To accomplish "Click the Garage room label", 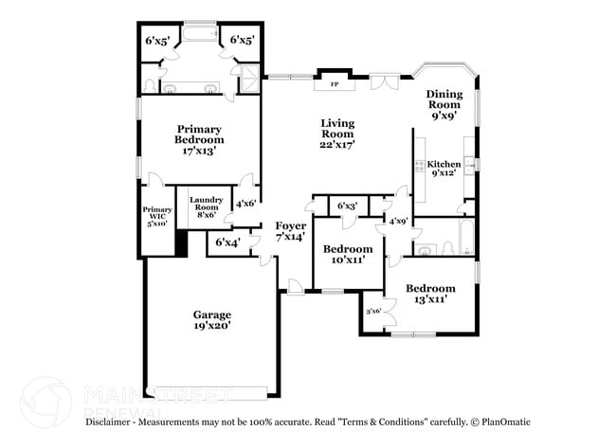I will pyautogui.click(x=211, y=319).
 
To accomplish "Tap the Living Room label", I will pyautogui.click(x=336, y=134).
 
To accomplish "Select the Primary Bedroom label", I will pyautogui.click(x=198, y=139).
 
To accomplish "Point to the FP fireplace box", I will pyautogui.click(x=334, y=85).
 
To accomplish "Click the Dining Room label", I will pyautogui.click(x=443, y=104).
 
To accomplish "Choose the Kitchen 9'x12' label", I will pyautogui.click(x=444, y=169).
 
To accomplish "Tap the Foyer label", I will pyautogui.click(x=291, y=231).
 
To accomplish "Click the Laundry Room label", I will pyautogui.click(x=206, y=206).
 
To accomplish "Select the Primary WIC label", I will pyautogui.click(x=156, y=216).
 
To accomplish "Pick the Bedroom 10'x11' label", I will pyautogui.click(x=347, y=254).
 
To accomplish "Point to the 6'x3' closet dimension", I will pyautogui.click(x=347, y=206).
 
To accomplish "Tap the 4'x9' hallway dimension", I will pyautogui.click(x=398, y=221).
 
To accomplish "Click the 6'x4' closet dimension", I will pyautogui.click(x=227, y=243).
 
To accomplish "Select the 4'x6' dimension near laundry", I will pyautogui.click(x=245, y=203).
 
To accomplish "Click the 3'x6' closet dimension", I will pyautogui.click(x=373, y=310).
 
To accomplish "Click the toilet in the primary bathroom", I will pyautogui.click(x=152, y=85).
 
